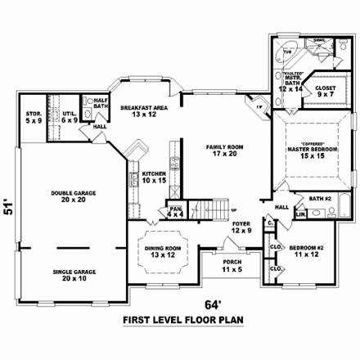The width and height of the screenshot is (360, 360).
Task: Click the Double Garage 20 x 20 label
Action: click(x=74, y=196)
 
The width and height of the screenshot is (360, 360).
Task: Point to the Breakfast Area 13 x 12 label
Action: click(x=144, y=110)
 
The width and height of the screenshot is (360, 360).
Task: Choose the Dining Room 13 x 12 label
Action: click(x=160, y=251)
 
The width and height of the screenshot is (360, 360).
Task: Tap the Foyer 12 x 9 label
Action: click(x=240, y=225)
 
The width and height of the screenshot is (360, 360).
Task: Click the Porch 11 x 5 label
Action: click(x=233, y=265)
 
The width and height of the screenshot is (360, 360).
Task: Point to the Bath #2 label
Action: click(x=321, y=198)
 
